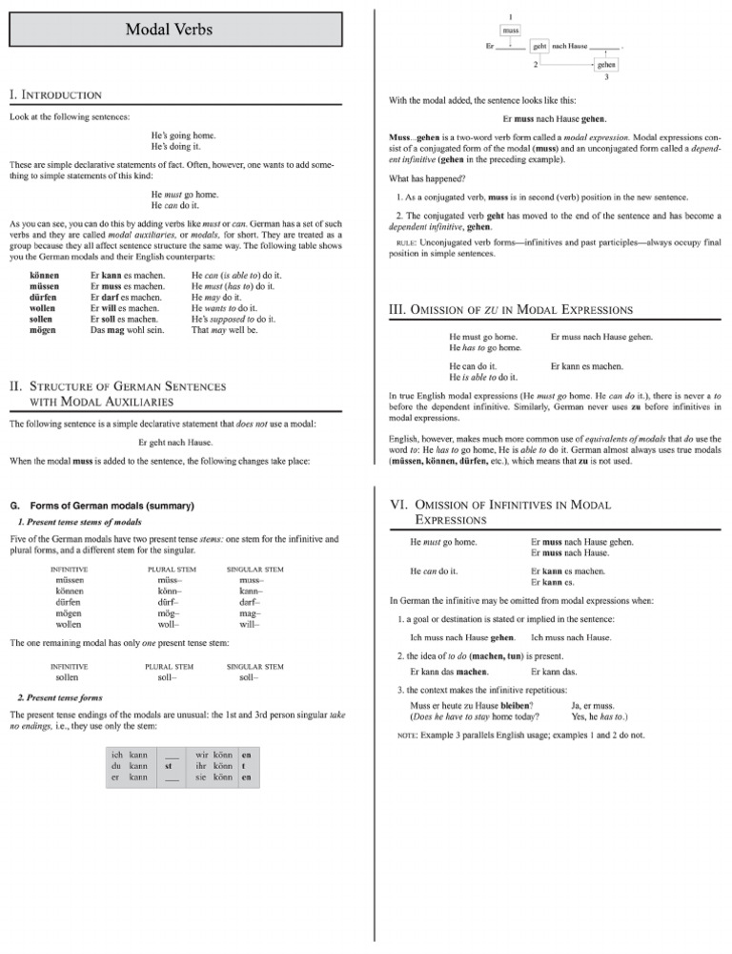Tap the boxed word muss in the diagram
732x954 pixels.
(511, 31)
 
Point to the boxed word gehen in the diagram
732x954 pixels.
(605, 65)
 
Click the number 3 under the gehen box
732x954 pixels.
(605, 78)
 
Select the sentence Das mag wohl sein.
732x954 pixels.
(127, 331)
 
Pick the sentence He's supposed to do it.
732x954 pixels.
(234, 320)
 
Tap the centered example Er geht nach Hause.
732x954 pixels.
(174, 442)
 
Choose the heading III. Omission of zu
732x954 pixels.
(504, 309)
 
